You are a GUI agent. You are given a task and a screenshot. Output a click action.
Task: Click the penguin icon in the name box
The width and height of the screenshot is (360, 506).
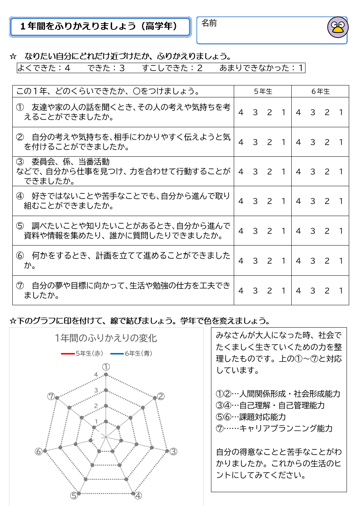pyautogui.click(x=338, y=27)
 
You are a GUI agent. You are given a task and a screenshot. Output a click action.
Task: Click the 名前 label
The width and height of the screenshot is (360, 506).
pyautogui.click(x=209, y=23)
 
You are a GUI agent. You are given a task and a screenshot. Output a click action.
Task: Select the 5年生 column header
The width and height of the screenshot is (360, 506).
pyautogui.click(x=263, y=91)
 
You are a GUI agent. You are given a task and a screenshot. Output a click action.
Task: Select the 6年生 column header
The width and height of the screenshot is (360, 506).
pyautogui.click(x=320, y=91)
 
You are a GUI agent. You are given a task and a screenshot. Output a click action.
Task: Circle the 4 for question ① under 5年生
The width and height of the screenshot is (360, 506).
pyautogui.click(x=241, y=112)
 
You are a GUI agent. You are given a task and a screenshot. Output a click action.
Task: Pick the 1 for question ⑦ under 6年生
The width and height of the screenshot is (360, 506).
pyautogui.click(x=341, y=291)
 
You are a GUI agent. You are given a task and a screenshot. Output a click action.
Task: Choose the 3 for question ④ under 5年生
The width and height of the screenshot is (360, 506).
pyautogui.click(x=255, y=201)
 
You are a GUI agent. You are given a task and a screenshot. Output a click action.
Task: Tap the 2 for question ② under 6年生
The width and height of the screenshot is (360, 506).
pyautogui.click(x=327, y=142)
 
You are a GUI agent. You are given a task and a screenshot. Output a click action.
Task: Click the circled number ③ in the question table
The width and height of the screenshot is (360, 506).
pyautogui.click(x=20, y=162)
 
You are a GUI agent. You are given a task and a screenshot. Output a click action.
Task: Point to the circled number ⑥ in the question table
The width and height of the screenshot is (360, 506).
pyautogui.click(x=20, y=256)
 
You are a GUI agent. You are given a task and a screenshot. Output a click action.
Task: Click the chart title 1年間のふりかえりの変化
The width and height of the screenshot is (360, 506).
pyautogui.click(x=106, y=338)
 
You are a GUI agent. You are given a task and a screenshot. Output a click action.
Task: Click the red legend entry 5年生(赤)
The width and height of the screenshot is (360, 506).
pyautogui.click(x=82, y=353)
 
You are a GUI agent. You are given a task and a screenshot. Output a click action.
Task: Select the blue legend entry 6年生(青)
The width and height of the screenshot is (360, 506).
pyautogui.click(x=131, y=353)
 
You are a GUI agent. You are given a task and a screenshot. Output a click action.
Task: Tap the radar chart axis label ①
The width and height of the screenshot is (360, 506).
pyautogui.click(x=106, y=367)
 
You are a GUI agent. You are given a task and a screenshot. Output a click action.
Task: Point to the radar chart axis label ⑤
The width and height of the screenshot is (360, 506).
pyautogui.click(x=74, y=495)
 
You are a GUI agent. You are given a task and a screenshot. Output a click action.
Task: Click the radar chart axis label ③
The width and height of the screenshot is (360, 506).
pyautogui.click(x=173, y=452)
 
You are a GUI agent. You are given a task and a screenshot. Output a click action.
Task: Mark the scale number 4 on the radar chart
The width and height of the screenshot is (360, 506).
pyautogui.click(x=96, y=375)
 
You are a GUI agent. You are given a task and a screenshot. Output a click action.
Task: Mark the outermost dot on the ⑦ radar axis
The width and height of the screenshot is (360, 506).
pyautogui.click(x=57, y=398)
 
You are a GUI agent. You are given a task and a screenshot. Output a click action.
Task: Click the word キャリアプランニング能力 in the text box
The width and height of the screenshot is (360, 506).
pyautogui.click(x=286, y=428)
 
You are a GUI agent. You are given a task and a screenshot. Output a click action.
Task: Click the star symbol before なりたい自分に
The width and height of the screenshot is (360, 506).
pyautogui.click(x=13, y=56)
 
